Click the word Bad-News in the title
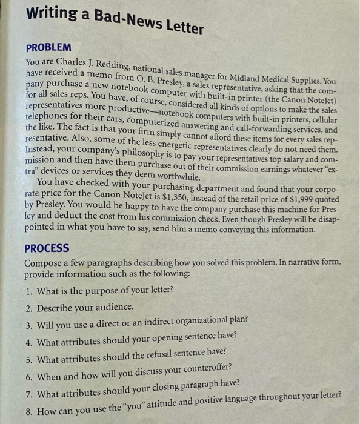pyautogui.click(x=120, y=19)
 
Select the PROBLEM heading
pyautogui.click(x=48, y=47)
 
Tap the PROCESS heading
pyautogui.click(x=47, y=248)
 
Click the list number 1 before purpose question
pyautogui.click(x=30, y=291)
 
